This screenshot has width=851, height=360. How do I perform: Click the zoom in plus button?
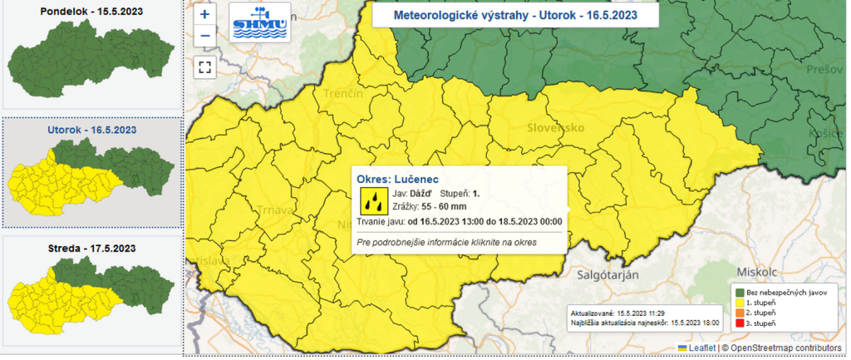coord(204,14)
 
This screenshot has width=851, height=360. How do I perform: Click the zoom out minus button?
coord(204,36)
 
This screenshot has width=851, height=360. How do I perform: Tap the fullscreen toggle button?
coord(204,67)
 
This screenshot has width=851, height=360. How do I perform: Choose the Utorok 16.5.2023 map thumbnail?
coord(90,175)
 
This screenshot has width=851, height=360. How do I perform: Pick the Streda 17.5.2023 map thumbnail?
coord(90,291)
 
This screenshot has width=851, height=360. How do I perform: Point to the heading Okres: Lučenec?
coord(397,178)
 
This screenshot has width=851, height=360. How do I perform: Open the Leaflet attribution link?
coord(696,348)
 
